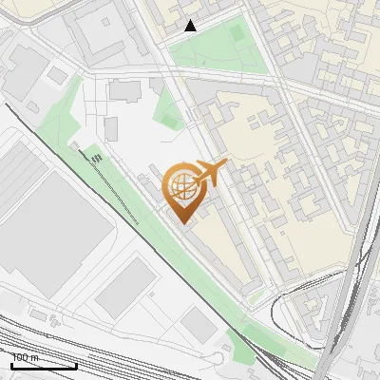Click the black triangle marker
[x=191, y=26]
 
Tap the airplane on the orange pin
[x=209, y=172]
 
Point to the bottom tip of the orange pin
[x=184, y=224]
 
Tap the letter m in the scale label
[x=36, y=357]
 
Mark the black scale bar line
[x=44, y=366]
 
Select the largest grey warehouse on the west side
[x=52, y=223]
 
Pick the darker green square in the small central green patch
[x=171, y=119]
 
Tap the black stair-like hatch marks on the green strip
[x=96, y=158]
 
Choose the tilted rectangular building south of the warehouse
[x=125, y=288]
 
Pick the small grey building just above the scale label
[x=38, y=314]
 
